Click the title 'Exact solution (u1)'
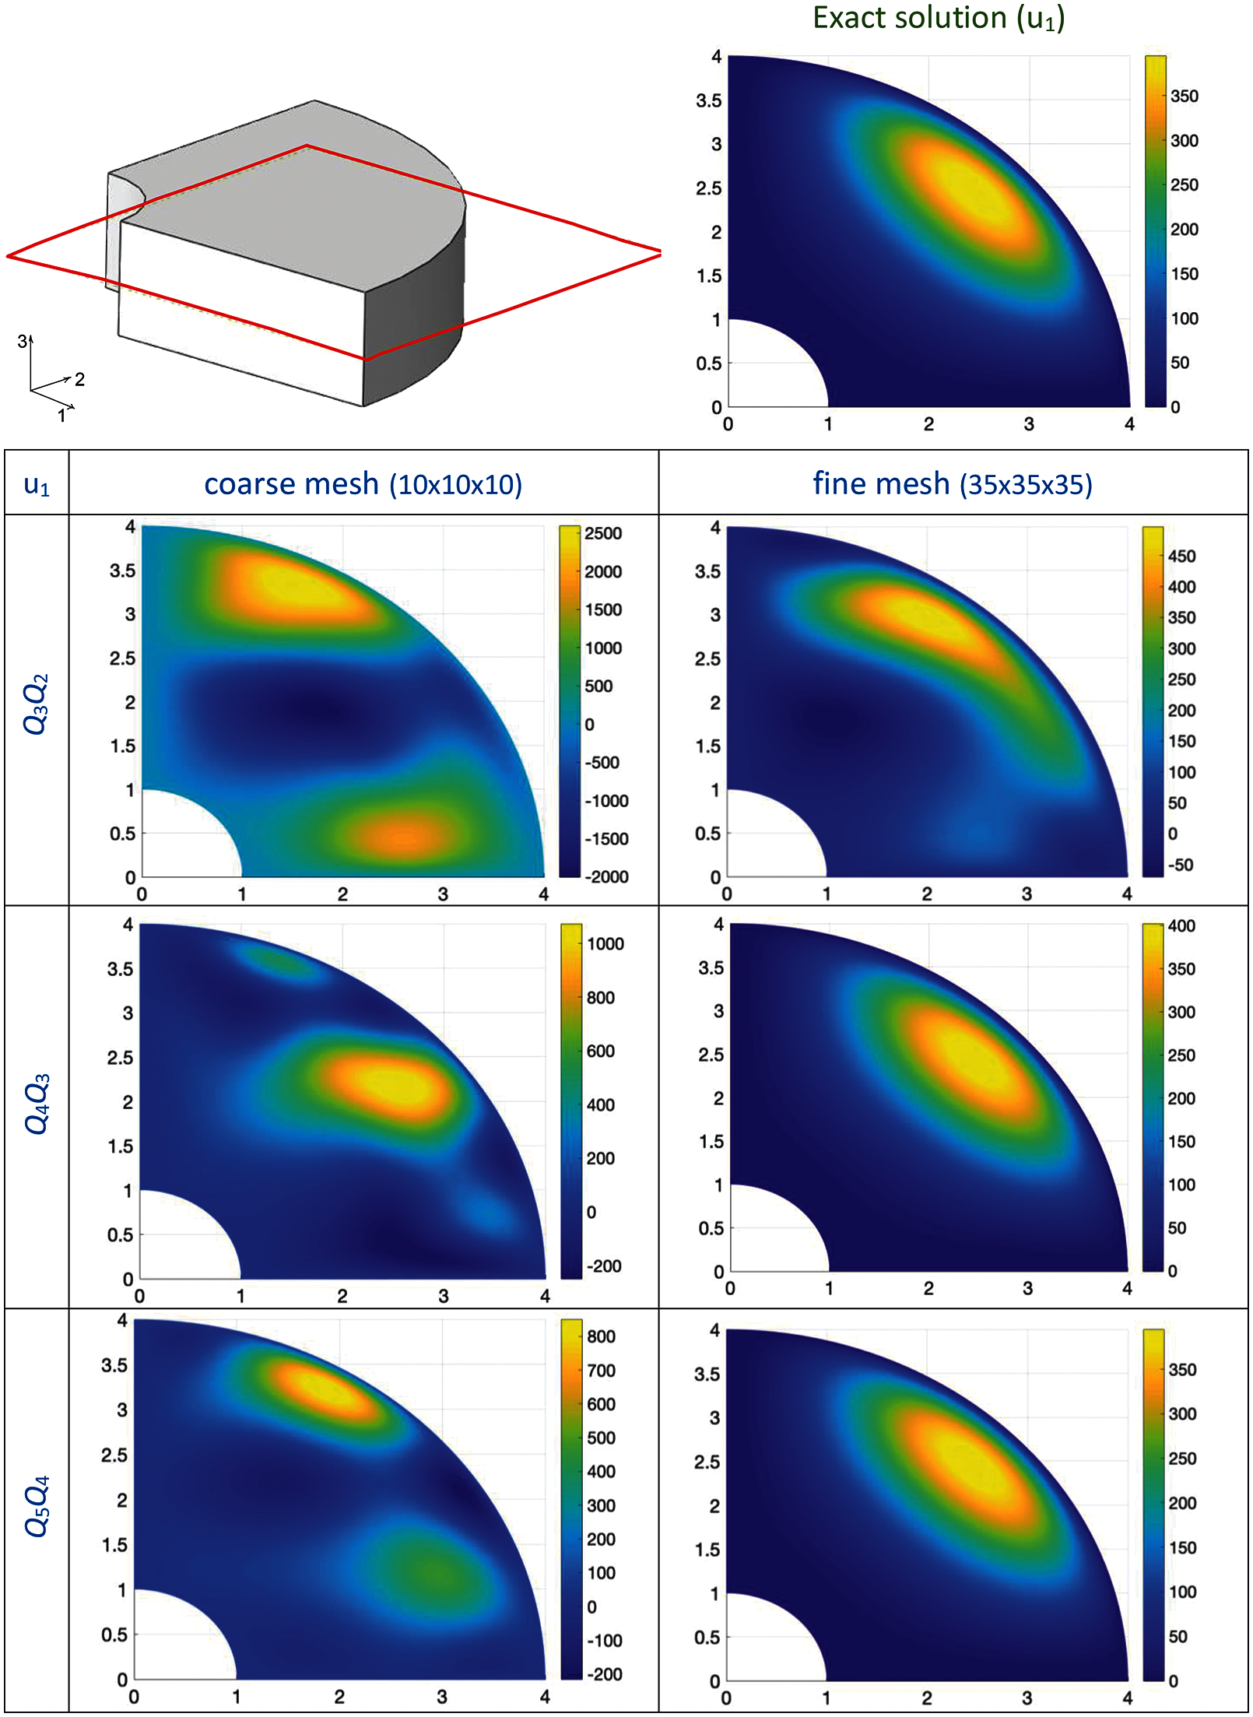click(x=939, y=19)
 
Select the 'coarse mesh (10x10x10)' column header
click(x=363, y=484)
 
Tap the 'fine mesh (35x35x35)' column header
click(x=953, y=484)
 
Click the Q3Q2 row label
click(x=37, y=704)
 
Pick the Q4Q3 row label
click(x=37, y=1104)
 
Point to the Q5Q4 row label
click(x=37, y=1505)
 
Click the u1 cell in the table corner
click(x=37, y=485)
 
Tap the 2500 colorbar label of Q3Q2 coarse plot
click(x=603, y=534)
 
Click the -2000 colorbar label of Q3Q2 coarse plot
click(x=605, y=877)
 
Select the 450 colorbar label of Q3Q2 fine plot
click(x=1181, y=557)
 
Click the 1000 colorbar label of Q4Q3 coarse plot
click(x=605, y=944)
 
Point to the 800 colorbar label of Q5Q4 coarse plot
click(x=601, y=1337)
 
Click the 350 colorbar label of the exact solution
click(x=1184, y=97)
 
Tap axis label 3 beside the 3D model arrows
click(x=23, y=341)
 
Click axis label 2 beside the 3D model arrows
click(x=79, y=379)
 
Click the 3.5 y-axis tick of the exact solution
click(x=708, y=101)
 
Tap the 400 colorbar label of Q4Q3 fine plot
click(x=1181, y=926)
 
